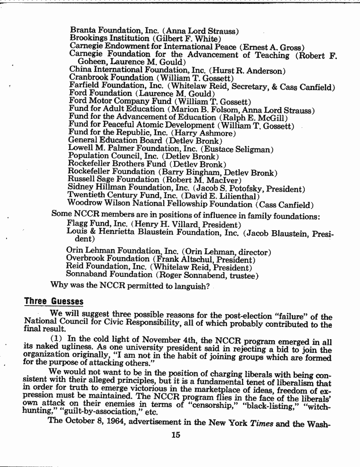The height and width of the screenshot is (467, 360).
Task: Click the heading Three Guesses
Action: click(54, 301)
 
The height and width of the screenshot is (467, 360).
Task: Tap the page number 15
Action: click(176, 435)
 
